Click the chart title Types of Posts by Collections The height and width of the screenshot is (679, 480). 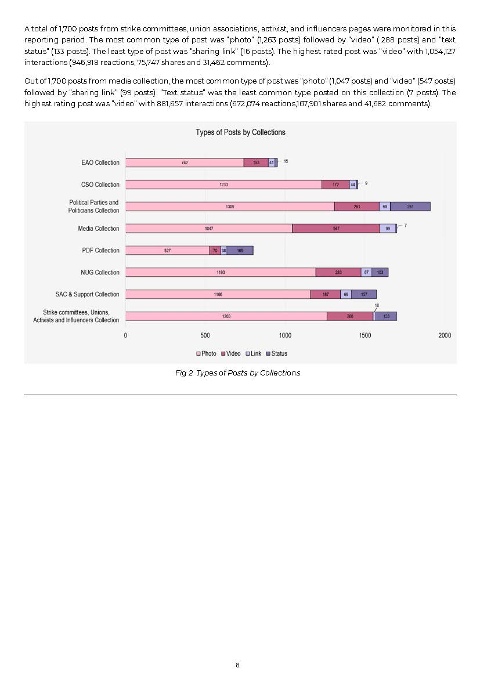click(240, 132)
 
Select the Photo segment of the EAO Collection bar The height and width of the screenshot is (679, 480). click(185, 162)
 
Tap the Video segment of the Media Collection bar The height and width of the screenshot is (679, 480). click(336, 228)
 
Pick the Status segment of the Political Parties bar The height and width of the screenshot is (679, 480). click(410, 207)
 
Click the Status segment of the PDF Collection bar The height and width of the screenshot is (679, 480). click(240, 250)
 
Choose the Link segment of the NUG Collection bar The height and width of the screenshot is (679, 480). click(366, 272)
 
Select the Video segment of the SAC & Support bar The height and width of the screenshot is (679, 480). click(326, 294)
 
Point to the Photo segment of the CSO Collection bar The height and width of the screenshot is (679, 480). click(223, 185)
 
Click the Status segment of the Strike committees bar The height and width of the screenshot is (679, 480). click(386, 316)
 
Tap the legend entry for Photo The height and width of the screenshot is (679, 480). click(206, 353)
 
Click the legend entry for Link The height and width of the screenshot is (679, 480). click(254, 353)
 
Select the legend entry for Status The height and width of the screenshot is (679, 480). click(277, 353)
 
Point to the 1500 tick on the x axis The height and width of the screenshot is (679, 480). click(364, 335)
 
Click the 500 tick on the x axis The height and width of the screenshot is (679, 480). click(205, 335)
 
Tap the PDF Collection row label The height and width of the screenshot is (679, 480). click(100, 250)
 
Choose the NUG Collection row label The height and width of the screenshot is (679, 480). click(100, 272)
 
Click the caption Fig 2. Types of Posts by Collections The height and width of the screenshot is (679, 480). click(237, 373)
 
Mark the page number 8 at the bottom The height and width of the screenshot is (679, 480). click(237, 665)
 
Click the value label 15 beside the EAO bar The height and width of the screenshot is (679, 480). click(286, 161)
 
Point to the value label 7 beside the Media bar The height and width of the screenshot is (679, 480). click(406, 226)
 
